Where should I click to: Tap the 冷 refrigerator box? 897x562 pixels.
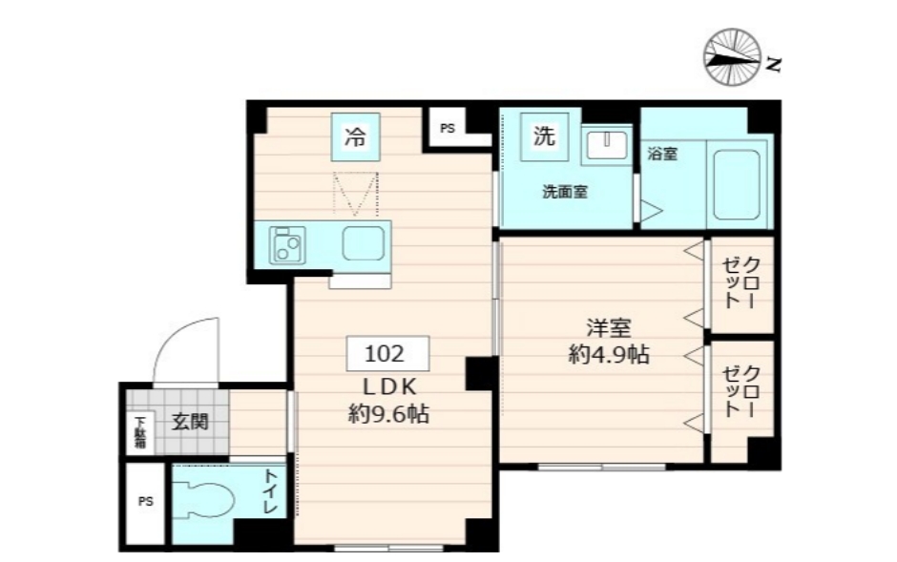coord(354,136)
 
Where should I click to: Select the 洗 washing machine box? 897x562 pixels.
coord(543,136)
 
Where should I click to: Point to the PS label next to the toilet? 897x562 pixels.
coord(145,502)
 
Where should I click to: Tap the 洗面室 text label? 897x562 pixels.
coord(565,192)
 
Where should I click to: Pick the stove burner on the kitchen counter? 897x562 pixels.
coord(285,244)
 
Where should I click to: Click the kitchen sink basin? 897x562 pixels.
coord(364,244)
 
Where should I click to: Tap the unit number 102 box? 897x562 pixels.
coord(385,355)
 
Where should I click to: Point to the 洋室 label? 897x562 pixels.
coord(608,327)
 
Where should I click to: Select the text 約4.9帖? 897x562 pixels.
coord(608,355)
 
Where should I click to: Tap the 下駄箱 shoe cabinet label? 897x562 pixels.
coord(139,430)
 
